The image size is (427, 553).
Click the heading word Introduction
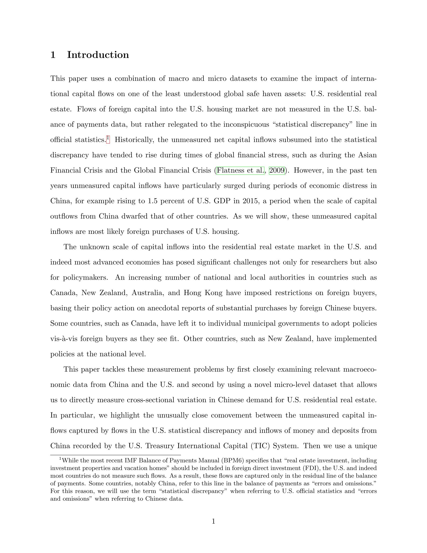(x=98, y=55)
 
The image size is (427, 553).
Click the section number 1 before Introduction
(x=53, y=55)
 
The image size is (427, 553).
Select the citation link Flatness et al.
(x=240, y=170)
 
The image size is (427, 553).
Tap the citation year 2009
(x=277, y=170)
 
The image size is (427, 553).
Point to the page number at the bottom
(x=213, y=521)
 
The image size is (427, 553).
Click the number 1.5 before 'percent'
(x=153, y=201)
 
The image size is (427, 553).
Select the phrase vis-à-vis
(x=64, y=339)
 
